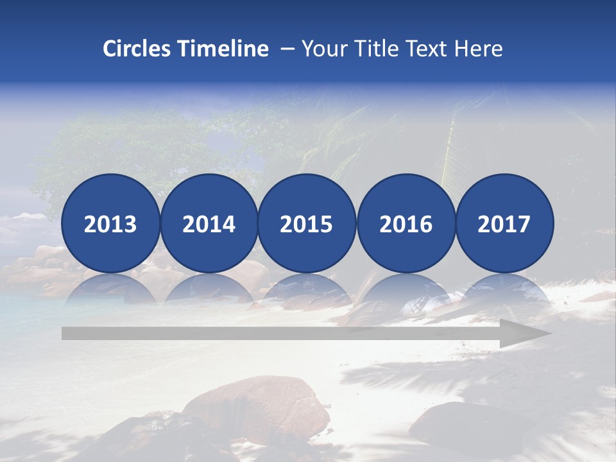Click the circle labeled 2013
[110, 223]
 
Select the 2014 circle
[209, 223]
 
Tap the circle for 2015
[307, 223]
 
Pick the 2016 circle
[406, 223]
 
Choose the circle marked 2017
[504, 223]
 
